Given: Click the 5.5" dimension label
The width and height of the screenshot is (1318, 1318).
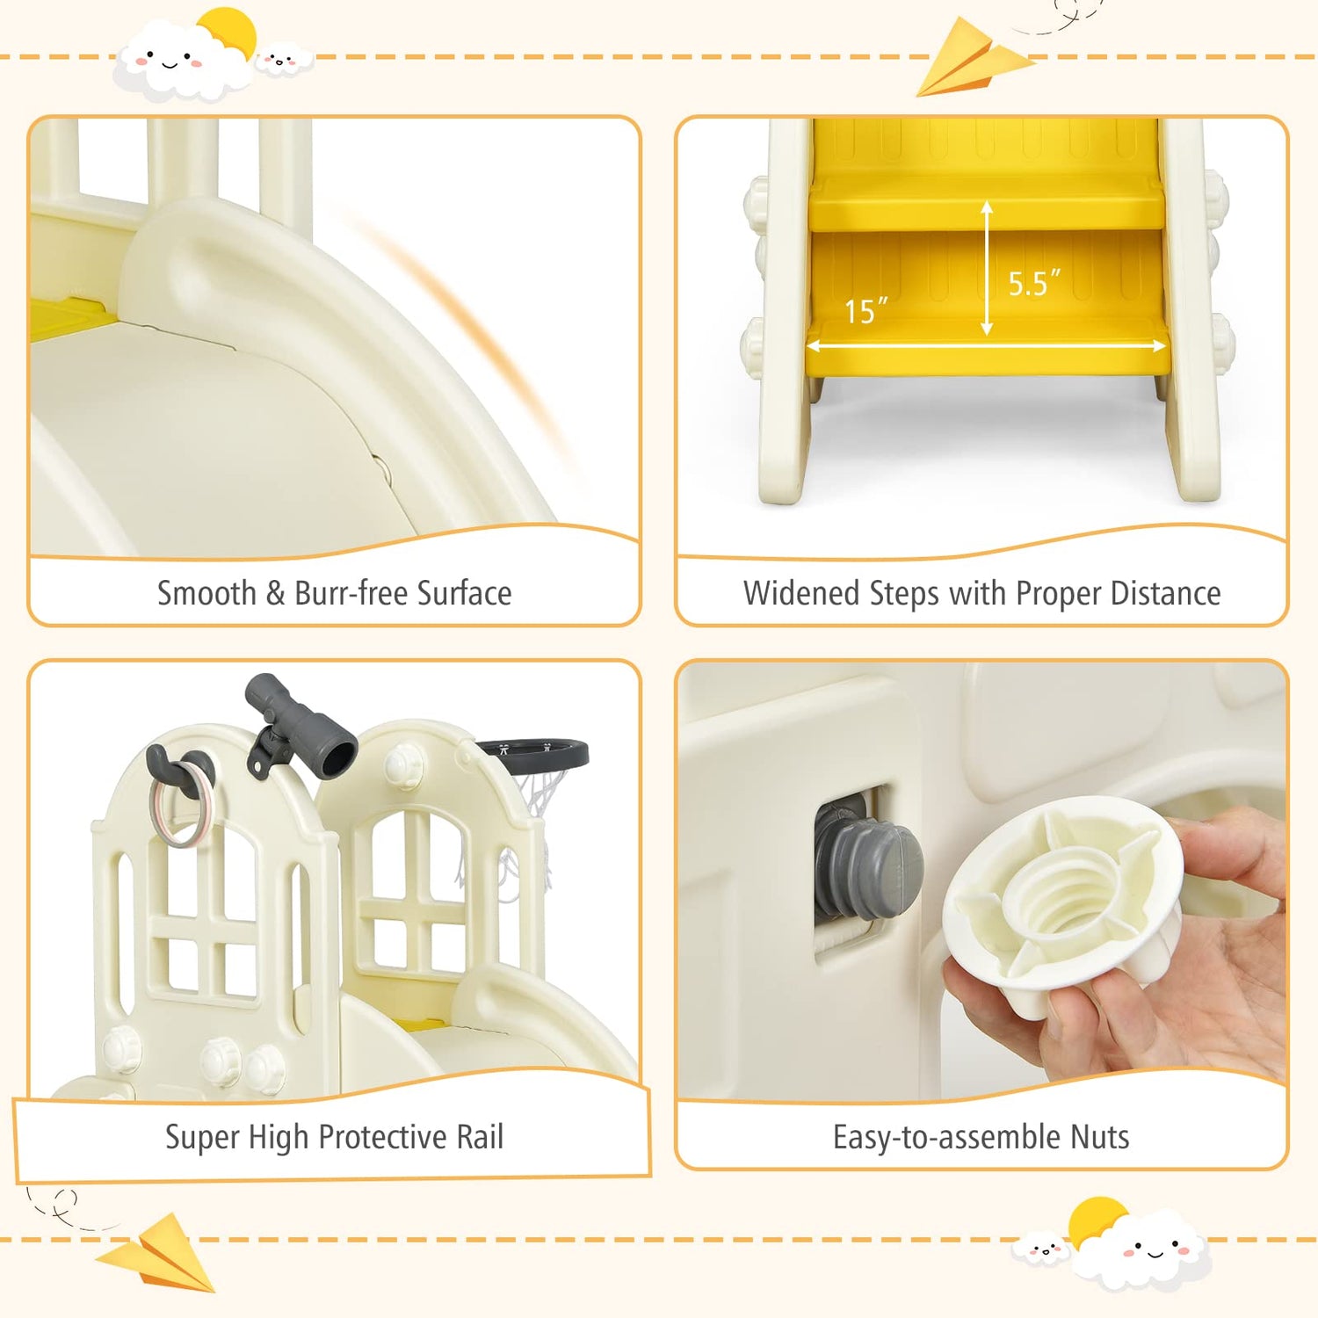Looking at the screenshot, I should pyautogui.click(x=1032, y=283).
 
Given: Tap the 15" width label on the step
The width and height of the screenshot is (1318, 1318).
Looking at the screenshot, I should pyautogui.click(x=865, y=311).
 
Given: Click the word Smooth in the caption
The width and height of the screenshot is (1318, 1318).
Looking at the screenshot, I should pyautogui.click(x=206, y=593).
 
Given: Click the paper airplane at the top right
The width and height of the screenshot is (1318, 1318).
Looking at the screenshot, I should pyautogui.click(x=972, y=59).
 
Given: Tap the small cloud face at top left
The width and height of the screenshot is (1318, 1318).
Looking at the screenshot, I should pyautogui.click(x=283, y=62).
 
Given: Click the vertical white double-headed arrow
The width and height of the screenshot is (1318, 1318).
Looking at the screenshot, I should pyautogui.click(x=987, y=268).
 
